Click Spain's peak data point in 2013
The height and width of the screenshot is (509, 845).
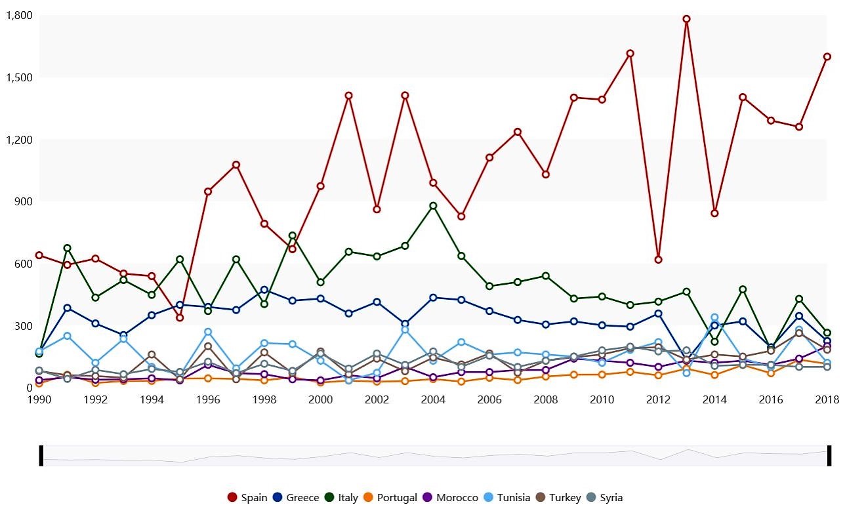point(686,19)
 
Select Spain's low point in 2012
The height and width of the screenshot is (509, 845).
point(658,260)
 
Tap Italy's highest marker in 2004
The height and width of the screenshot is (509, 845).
point(433,206)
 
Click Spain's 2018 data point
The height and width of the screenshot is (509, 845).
point(827,56)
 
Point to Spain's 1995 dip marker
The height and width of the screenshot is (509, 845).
point(180,318)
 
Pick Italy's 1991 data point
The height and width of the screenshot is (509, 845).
point(67,248)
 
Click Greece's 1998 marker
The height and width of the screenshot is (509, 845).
point(264,290)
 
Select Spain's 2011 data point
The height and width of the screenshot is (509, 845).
point(630,53)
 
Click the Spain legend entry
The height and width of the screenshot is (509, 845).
point(247,497)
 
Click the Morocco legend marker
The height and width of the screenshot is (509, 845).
point(427,497)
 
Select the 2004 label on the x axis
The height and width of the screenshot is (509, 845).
point(433,399)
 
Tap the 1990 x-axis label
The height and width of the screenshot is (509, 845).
point(39,399)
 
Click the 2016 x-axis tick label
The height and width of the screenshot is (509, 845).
point(771,399)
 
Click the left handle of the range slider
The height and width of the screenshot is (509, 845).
point(41,455)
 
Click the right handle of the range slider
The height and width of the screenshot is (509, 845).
point(829,455)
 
